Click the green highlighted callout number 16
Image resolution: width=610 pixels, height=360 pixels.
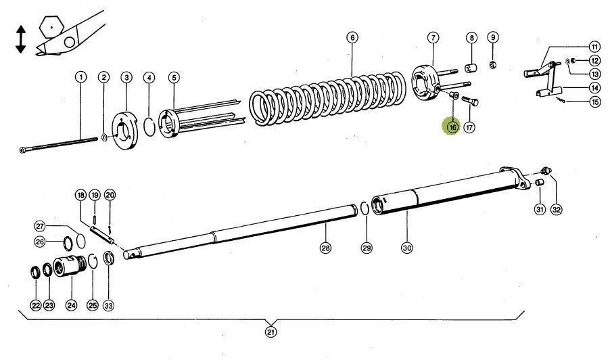[451, 126]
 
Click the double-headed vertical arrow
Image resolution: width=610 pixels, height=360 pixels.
[21, 39]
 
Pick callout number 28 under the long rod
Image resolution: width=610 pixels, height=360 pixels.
[326, 248]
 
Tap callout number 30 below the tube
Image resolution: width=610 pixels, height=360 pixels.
[407, 248]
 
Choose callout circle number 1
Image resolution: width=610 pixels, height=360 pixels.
[80, 77]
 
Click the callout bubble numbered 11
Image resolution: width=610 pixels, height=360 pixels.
[594, 47]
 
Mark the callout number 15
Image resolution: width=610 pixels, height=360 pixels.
[594, 102]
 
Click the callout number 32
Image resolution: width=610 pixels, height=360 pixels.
[556, 209]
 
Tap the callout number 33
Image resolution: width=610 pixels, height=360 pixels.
[108, 305]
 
